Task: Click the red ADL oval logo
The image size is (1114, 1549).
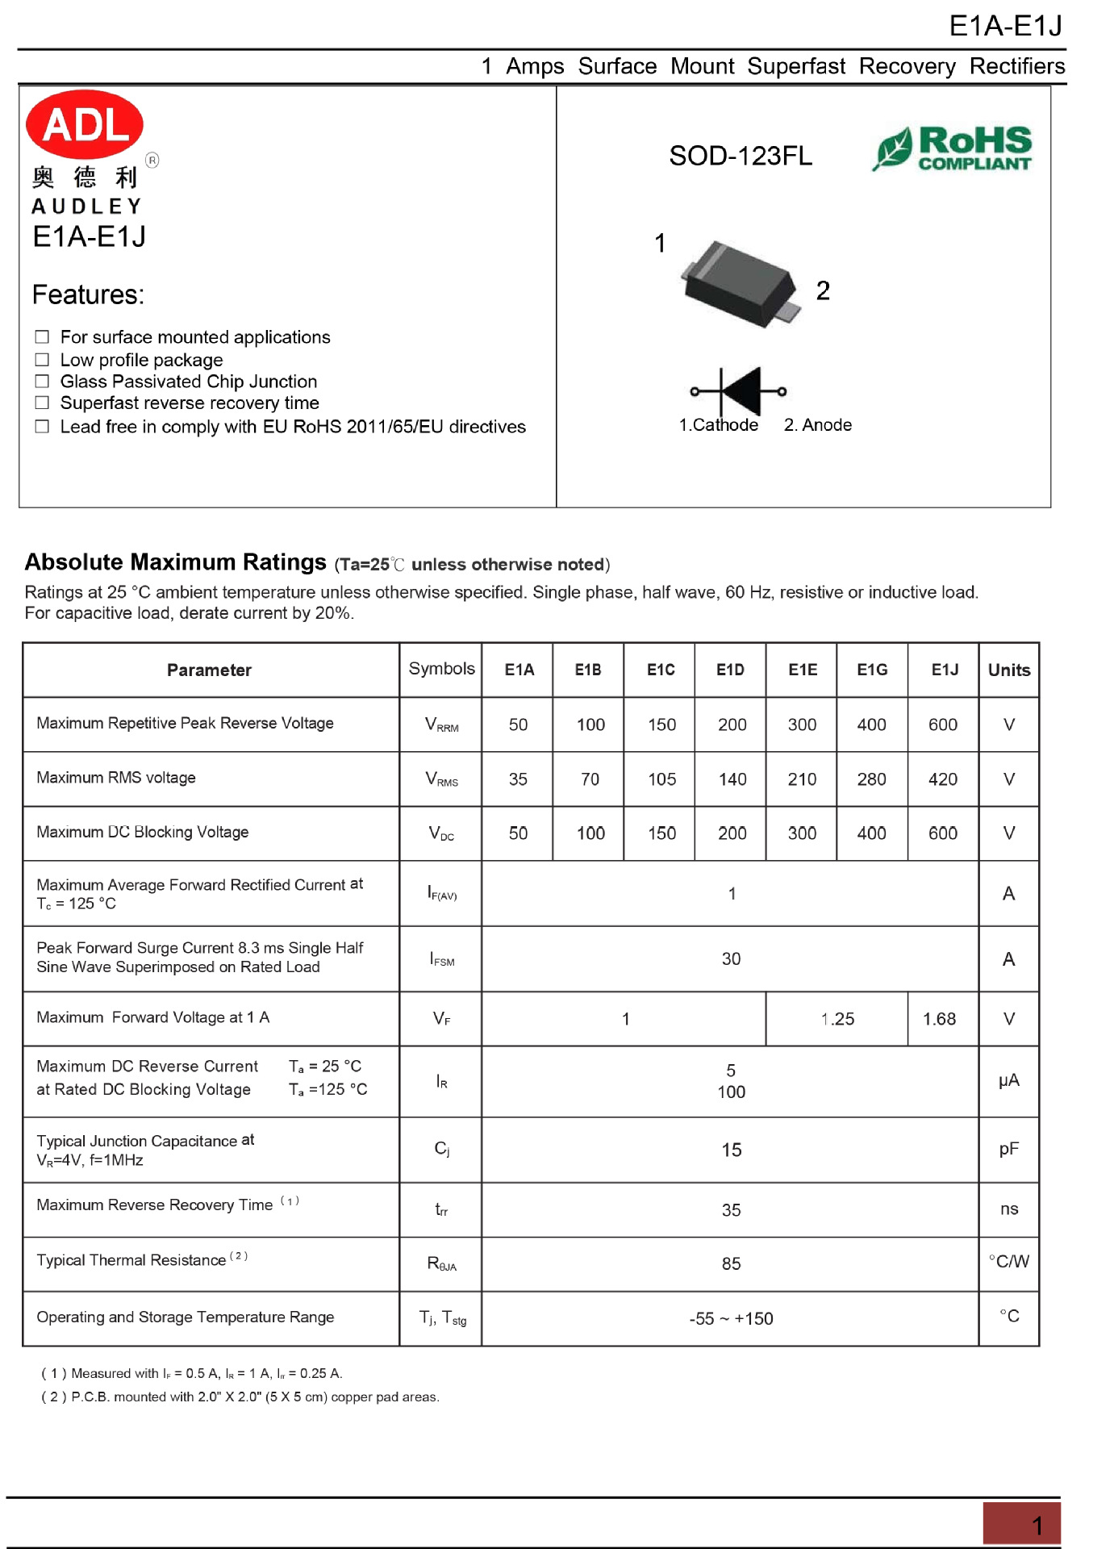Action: (x=85, y=124)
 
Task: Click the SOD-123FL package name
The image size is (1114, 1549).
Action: (x=741, y=156)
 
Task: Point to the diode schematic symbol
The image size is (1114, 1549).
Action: (x=738, y=391)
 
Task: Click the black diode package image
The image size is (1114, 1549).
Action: (x=741, y=285)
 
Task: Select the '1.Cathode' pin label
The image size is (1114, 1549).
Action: (x=718, y=425)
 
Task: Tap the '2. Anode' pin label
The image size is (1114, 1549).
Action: (x=817, y=425)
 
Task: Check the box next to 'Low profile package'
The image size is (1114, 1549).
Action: (x=43, y=360)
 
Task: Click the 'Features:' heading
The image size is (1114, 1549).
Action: (x=88, y=294)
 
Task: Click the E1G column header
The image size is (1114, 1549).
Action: (x=872, y=670)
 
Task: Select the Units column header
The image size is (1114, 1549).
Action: (x=1008, y=670)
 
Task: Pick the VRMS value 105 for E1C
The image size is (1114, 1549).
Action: (x=661, y=779)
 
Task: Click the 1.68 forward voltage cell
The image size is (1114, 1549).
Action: (x=939, y=1019)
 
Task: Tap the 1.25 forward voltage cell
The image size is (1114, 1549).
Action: (x=837, y=1019)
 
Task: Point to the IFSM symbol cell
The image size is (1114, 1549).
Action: (x=441, y=959)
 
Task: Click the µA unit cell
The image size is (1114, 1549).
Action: (x=1008, y=1080)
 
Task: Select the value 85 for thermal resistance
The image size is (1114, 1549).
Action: (x=731, y=1263)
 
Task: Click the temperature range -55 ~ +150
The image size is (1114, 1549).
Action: (x=731, y=1318)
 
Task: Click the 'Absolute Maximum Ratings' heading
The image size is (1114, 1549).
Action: (x=176, y=562)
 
